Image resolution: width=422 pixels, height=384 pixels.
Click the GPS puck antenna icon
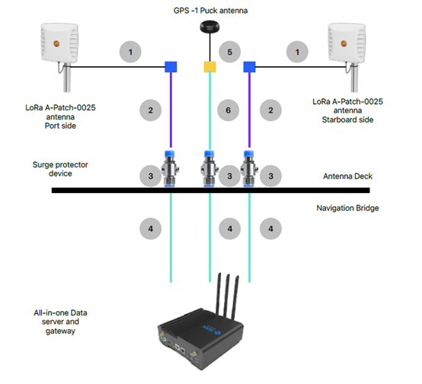click(209, 27)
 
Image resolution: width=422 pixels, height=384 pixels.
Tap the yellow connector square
click(209, 67)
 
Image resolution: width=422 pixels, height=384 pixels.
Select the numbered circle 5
click(229, 52)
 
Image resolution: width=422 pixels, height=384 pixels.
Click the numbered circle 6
click(229, 110)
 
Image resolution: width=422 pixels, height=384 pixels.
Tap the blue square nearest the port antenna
click(171, 67)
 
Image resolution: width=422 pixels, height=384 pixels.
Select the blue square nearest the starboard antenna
click(250, 67)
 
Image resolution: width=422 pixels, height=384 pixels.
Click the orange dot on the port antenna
click(56, 43)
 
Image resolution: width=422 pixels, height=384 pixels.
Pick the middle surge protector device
click(209, 169)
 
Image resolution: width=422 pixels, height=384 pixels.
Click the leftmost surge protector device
click(170, 169)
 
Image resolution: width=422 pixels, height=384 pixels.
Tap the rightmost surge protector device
click(249, 169)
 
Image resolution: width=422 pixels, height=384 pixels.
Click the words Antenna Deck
click(347, 176)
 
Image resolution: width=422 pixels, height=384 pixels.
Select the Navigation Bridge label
click(347, 208)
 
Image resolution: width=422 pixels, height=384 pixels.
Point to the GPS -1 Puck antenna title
click(210, 11)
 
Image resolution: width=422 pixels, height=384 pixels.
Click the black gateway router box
click(200, 338)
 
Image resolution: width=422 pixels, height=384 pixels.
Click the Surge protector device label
click(60, 169)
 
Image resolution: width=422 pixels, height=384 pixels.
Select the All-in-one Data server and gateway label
click(60, 322)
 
